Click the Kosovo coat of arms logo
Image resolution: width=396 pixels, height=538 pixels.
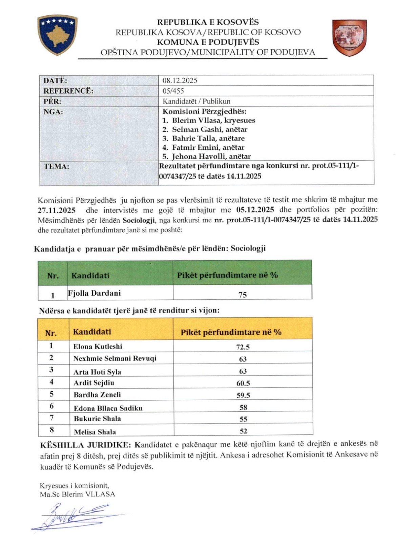point(57,35)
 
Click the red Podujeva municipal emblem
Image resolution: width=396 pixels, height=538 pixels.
point(349,37)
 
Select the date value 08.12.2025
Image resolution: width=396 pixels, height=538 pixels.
point(180,80)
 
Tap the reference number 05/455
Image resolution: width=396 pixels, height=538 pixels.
point(173,91)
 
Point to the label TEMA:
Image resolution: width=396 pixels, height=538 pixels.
point(57,166)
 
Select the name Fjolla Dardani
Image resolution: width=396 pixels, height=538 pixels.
point(94,293)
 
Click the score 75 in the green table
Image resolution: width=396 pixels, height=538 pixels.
point(243,295)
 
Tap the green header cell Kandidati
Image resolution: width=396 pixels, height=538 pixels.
point(90,275)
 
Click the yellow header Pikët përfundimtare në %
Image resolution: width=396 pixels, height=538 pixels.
point(231,332)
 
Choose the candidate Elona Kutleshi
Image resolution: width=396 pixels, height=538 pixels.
point(98,347)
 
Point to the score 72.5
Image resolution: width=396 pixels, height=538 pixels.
point(243,347)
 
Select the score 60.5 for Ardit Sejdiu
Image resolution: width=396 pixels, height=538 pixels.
point(243,383)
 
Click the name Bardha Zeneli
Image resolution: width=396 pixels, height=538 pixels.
point(97,395)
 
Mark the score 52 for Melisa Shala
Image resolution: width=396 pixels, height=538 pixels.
point(243,431)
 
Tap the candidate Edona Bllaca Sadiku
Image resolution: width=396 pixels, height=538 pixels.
point(108,408)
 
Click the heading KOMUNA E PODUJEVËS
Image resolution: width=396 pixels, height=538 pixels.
point(208,42)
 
